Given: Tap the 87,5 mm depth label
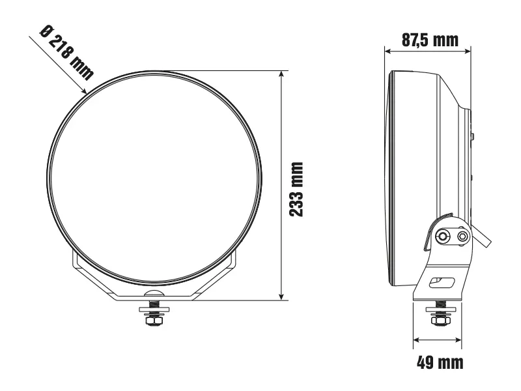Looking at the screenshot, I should [427, 40].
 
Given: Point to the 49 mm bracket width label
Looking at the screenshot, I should [440, 363].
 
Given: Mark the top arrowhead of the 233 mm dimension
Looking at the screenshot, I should [281, 74].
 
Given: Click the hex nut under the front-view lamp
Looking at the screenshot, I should [154, 321].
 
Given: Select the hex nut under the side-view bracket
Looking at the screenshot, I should [438, 321].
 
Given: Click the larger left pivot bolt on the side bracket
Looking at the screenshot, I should [444, 235].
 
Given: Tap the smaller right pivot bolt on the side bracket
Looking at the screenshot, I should [462, 235].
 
